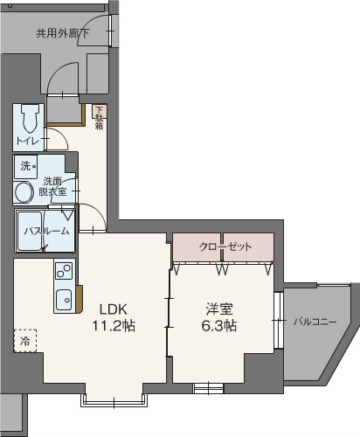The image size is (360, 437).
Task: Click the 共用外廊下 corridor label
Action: [x=63, y=33]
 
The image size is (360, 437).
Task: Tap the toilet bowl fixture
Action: [x=30, y=119]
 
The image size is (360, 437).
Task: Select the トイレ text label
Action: [x=28, y=142]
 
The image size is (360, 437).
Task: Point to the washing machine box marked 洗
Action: [x=25, y=166]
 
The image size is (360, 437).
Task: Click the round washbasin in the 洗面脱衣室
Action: [x=24, y=192]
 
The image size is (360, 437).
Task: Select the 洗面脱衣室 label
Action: [x=52, y=186]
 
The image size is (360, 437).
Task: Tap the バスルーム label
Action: [x=46, y=232]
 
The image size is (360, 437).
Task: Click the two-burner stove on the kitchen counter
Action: [x=64, y=271]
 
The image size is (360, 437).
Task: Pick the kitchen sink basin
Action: [x=64, y=300]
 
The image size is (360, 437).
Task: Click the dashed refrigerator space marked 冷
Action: [x=25, y=341]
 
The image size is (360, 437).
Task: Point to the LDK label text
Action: [x=114, y=309]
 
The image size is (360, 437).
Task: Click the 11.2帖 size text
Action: [x=114, y=326]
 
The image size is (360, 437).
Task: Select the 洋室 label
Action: [x=219, y=309]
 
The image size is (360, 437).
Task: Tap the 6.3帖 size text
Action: [x=219, y=326]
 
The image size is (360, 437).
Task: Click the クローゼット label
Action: [x=225, y=247]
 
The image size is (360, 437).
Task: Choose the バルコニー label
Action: [x=315, y=322]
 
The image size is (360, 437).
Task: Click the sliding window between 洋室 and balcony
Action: [x=279, y=320]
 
